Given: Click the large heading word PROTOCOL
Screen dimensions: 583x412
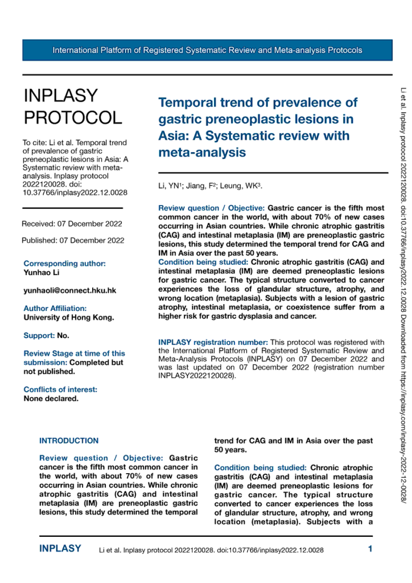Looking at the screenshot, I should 72,117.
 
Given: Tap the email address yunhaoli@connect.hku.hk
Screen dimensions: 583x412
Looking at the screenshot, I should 69,290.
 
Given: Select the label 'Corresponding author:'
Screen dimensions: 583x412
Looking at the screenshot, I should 64,264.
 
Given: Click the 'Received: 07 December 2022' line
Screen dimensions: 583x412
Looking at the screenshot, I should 72,223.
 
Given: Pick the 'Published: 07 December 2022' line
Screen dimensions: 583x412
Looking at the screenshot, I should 73,240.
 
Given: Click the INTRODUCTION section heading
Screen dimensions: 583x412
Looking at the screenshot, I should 68,441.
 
